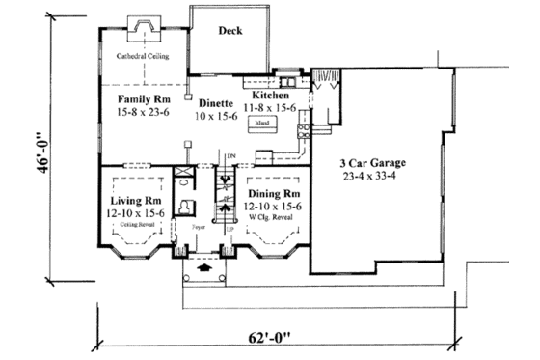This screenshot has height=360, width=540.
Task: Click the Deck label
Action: coord(229,31)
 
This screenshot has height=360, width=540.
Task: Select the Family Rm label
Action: coord(145,99)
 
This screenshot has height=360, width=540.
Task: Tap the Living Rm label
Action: coord(134,202)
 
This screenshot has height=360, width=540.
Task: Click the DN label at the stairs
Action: coord(231,155)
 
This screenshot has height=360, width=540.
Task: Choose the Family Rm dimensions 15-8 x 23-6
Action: coord(145,112)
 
